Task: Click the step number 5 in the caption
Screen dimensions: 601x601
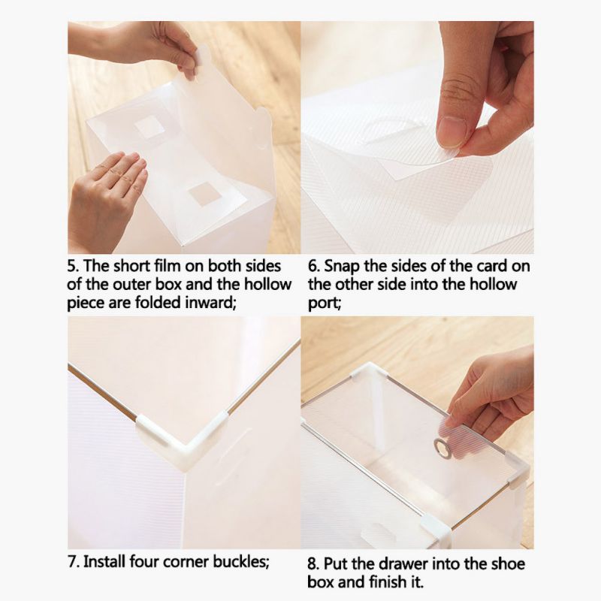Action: click(71, 266)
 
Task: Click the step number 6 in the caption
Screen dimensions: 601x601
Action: click(313, 267)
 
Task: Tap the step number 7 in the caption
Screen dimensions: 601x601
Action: click(72, 562)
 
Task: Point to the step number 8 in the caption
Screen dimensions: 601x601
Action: click(313, 564)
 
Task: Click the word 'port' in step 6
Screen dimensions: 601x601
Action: click(322, 304)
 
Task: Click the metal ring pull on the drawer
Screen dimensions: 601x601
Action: click(442, 447)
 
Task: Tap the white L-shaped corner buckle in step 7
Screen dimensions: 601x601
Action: click(184, 437)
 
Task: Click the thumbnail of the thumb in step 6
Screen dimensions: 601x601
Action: click(452, 131)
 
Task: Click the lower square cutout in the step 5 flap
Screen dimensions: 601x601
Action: click(205, 194)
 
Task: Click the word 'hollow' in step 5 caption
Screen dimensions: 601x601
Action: click(267, 285)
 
